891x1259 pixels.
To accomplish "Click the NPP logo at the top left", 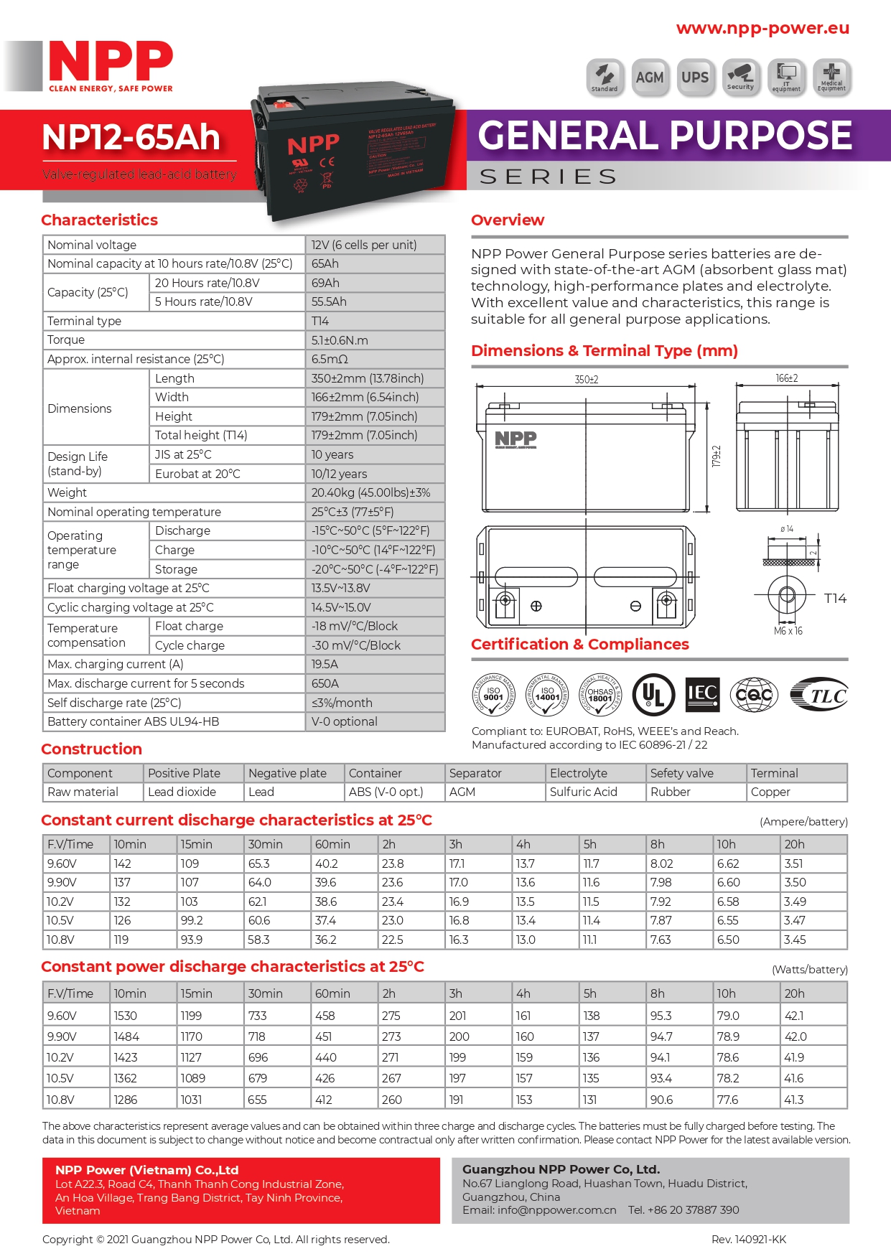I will tap(110, 65).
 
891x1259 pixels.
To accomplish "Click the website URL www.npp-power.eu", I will tap(762, 28).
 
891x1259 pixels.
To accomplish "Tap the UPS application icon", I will tap(694, 78).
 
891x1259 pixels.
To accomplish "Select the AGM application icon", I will tap(650, 78).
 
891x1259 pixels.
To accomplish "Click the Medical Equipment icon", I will tap(831, 78).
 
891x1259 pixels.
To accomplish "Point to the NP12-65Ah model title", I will tap(131, 137).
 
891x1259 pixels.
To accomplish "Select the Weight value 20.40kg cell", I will tap(370, 492).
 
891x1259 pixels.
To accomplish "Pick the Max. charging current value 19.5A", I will tap(325, 665).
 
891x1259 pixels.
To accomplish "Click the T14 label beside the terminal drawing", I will tap(835, 599).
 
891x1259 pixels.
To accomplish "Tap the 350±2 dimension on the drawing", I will tap(586, 380).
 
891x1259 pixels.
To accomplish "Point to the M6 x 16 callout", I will tap(788, 631).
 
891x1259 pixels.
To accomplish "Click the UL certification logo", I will tap(653, 694).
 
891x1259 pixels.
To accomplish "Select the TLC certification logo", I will tap(819, 694).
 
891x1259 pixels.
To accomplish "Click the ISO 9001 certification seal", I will tap(493, 694).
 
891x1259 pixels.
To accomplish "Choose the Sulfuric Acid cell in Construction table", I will tap(583, 792).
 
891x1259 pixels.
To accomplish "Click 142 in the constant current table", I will tap(123, 863).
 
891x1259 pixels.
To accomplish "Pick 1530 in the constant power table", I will tap(126, 1016).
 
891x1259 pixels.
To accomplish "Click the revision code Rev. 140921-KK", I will tap(748, 1240).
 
